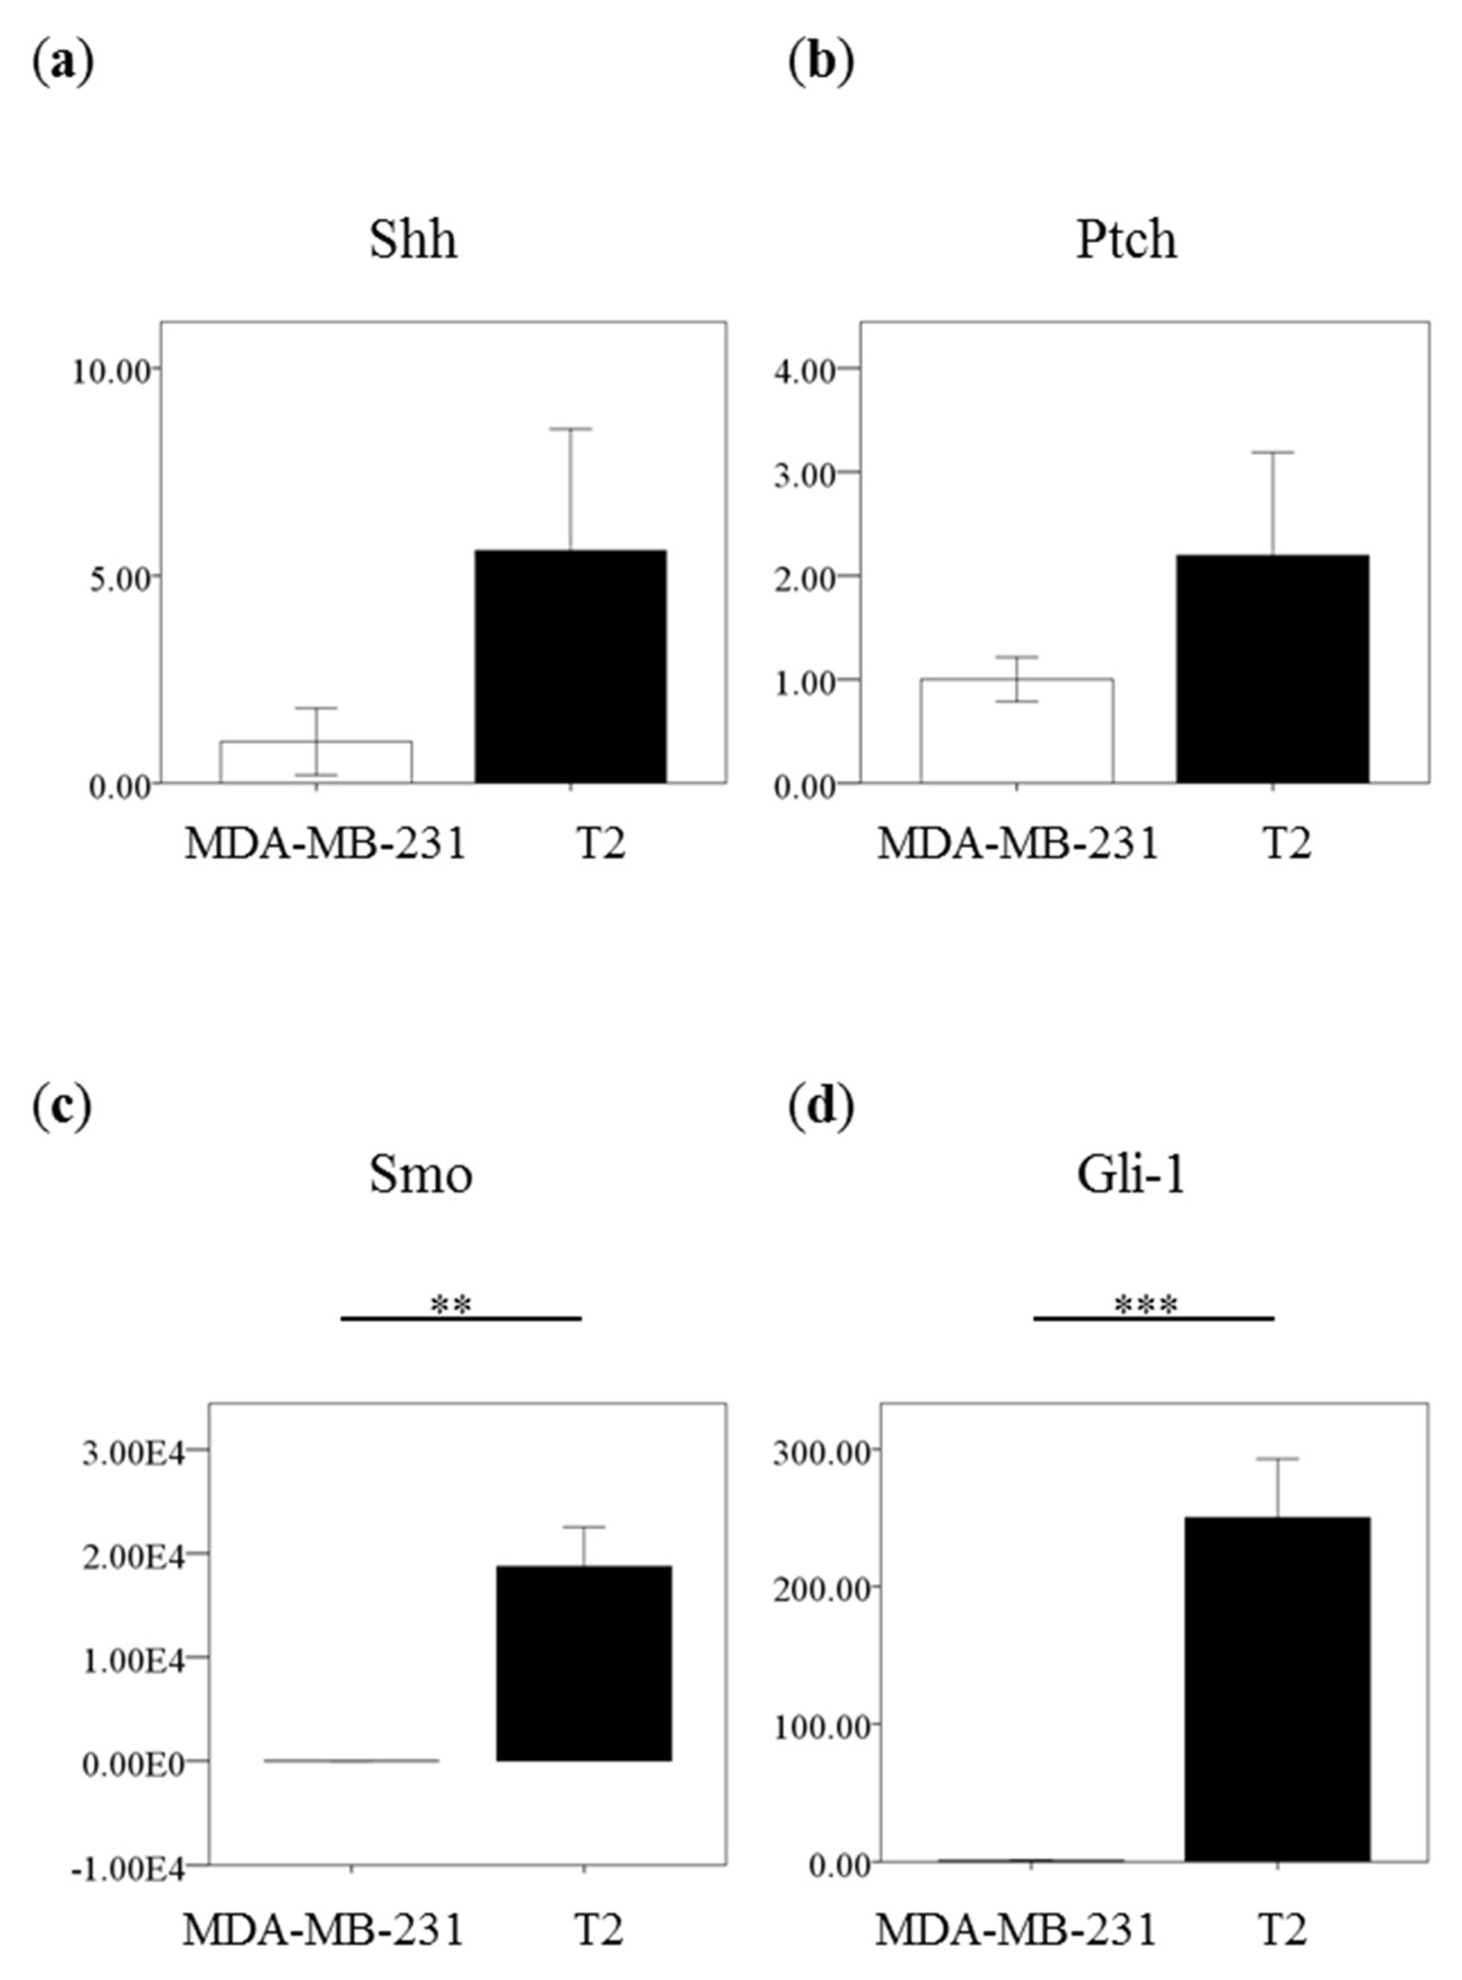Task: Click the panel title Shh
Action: (x=413, y=240)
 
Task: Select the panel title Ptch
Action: (x=1127, y=240)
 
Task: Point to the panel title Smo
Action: (x=420, y=1176)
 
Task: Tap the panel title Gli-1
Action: (x=1130, y=1176)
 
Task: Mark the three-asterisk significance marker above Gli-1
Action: (x=1146, y=1304)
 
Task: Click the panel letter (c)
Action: (x=62, y=1107)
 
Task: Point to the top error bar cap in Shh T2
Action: (x=571, y=430)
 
